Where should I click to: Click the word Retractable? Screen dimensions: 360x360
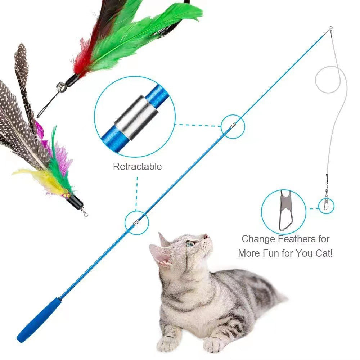(x=137, y=167)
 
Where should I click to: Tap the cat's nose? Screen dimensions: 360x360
(x=206, y=237)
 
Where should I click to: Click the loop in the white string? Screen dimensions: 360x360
(x=330, y=79)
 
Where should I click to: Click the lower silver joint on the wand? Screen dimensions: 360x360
(x=136, y=222)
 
